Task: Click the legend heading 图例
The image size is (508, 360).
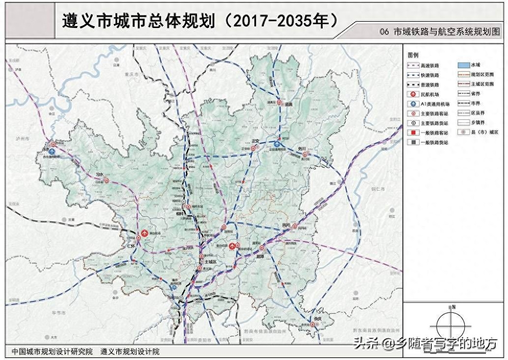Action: pyautogui.click(x=413, y=55)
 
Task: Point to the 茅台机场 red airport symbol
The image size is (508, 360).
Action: pyautogui.click(x=145, y=233)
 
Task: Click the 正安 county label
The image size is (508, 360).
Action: pyautogui.click(x=254, y=141)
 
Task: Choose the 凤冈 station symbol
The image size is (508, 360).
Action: pyautogui.click(x=295, y=226)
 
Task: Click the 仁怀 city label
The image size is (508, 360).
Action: pyautogui.click(x=131, y=246)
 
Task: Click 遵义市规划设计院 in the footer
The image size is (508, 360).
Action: pyautogui.click(x=130, y=352)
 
